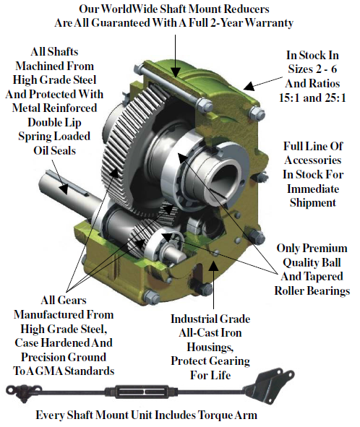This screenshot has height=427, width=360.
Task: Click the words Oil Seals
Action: [x=54, y=150]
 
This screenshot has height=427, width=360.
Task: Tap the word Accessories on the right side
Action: [x=313, y=160]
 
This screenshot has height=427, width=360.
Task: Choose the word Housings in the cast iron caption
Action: [x=210, y=348]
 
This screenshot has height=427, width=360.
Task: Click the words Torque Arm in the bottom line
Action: [x=227, y=415]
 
